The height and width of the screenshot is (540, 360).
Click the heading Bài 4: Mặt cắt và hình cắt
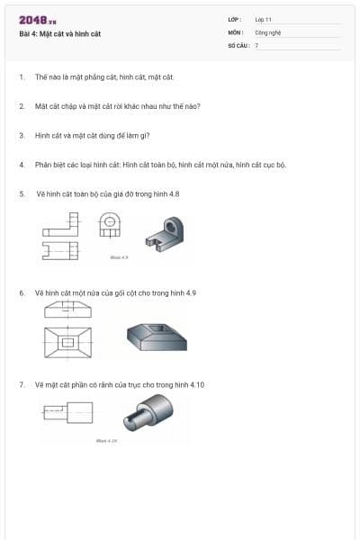pyautogui.click(x=59, y=33)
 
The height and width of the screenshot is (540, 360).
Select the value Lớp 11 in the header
pyautogui.click(x=263, y=19)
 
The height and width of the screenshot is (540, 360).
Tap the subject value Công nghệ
pyautogui.click(x=268, y=31)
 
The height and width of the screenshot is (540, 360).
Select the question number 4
pyautogui.click(x=21, y=165)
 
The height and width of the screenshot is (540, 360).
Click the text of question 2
pyautogui.click(x=117, y=106)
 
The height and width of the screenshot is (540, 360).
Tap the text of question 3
pyautogui.click(x=92, y=136)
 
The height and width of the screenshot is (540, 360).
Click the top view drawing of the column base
pyautogui.click(x=67, y=343)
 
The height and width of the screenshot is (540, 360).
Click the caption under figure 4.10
pyautogui.click(x=106, y=441)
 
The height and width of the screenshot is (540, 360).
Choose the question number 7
pyautogui.click(x=21, y=384)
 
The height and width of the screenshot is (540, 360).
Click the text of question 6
pyautogui.click(x=115, y=293)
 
